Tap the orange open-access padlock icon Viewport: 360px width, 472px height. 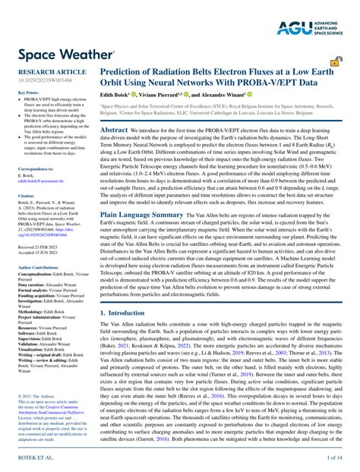(x=335, y=63)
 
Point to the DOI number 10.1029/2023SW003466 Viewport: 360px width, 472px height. (x=45, y=79)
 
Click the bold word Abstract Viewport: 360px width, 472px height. (x=113, y=130)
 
